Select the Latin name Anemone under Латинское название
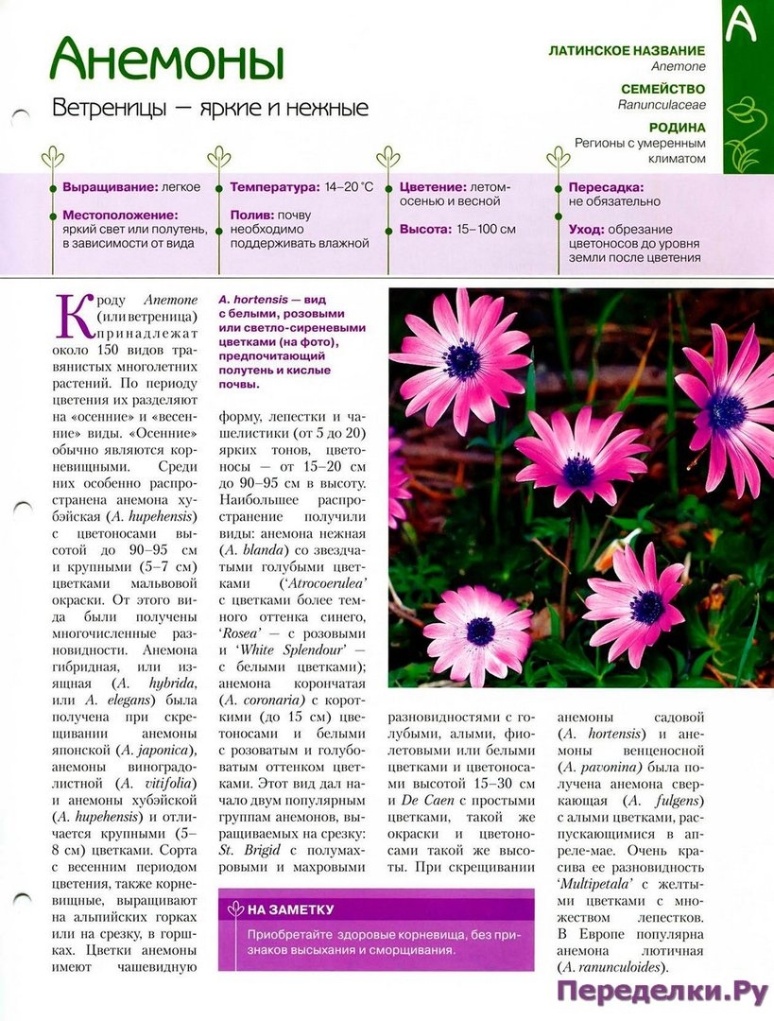(678, 67)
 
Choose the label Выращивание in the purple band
(104, 187)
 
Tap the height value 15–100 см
(486, 229)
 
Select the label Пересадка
(607, 187)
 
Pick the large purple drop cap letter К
(75, 317)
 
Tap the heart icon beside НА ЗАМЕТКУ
(235, 909)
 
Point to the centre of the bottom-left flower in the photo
(480, 631)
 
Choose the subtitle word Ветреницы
(111, 108)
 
